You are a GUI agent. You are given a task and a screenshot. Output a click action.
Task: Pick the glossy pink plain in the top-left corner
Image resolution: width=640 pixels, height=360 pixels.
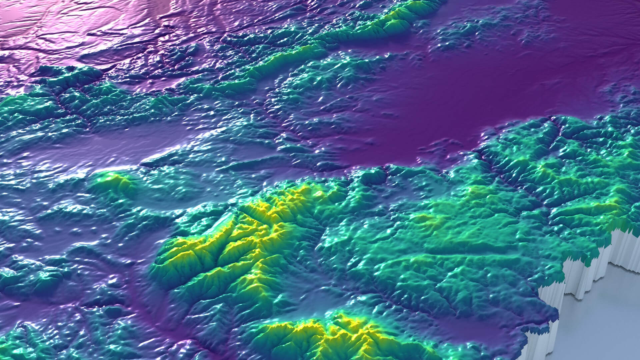pos(50,20)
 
